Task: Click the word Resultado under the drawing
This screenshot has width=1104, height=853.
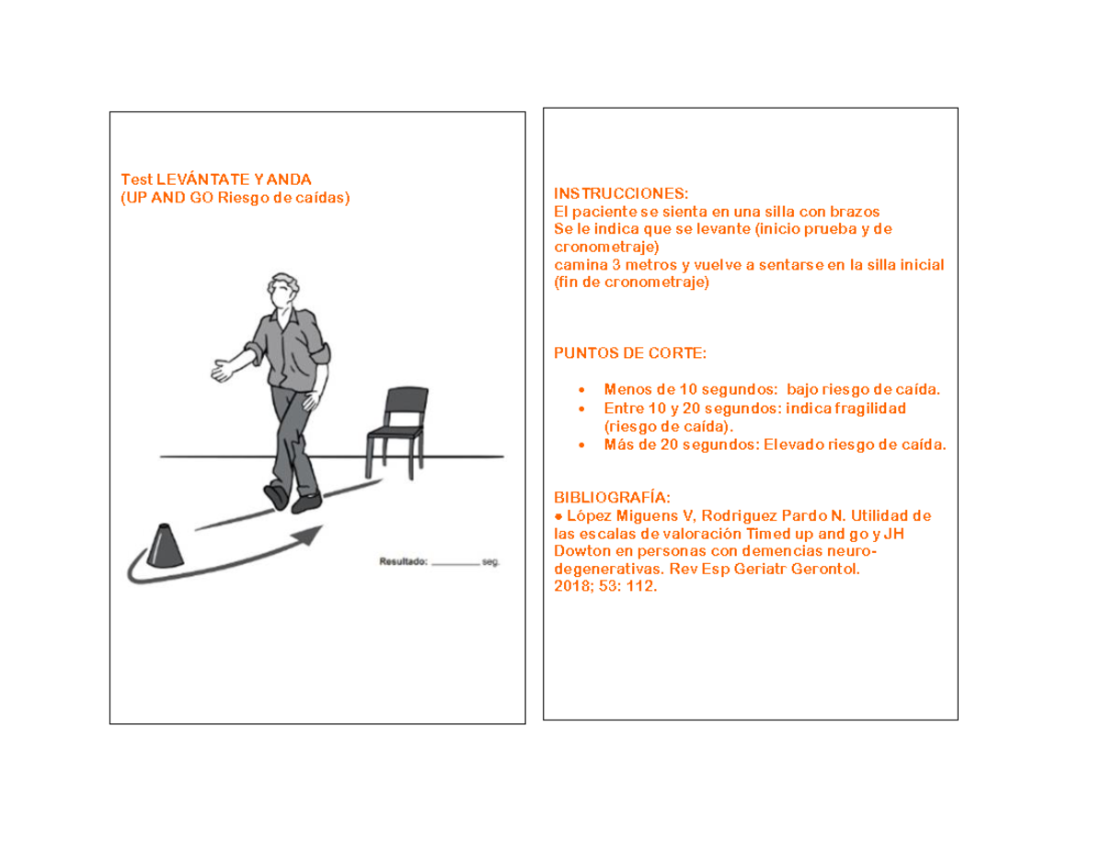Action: click(x=403, y=561)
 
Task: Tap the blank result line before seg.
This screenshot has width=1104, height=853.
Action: click(x=455, y=564)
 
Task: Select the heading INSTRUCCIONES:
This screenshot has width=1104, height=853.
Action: click(x=621, y=193)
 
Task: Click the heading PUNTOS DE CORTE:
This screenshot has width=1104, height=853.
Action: click(x=630, y=353)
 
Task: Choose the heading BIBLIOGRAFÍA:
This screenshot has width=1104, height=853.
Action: click(x=612, y=498)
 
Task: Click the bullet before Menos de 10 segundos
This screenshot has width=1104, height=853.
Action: click(x=581, y=390)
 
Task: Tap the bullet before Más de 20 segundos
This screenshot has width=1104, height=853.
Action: click(x=581, y=445)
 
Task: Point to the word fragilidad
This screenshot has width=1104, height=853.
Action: click(x=870, y=409)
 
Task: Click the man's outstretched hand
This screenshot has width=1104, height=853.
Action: click(x=223, y=370)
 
